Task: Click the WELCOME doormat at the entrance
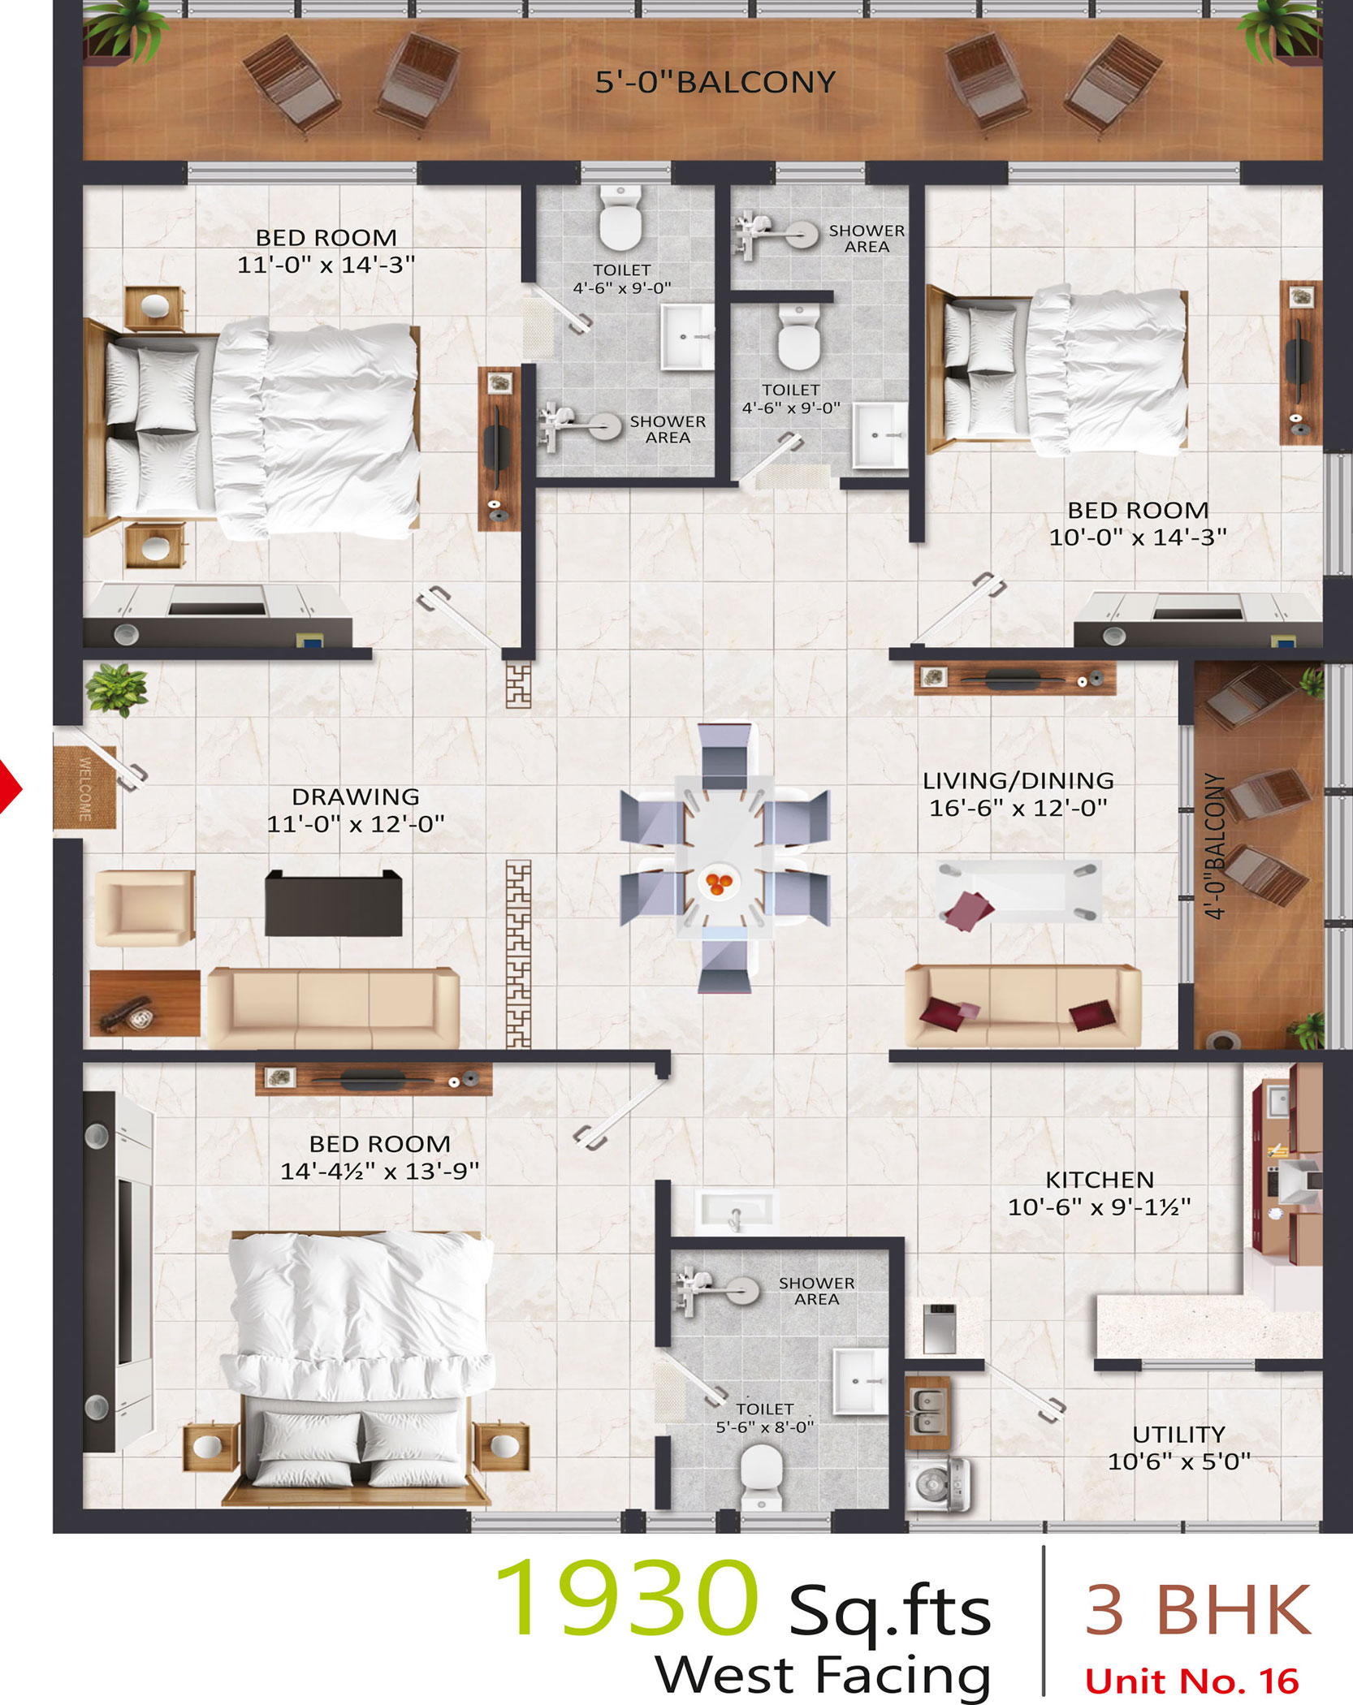coord(84,788)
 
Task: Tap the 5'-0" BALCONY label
coord(715,82)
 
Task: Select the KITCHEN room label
coord(1100,1180)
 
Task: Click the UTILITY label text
coord(1178,1435)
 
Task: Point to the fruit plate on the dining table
coord(718,882)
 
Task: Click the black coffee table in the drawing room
coord(334,903)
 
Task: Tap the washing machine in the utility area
coord(938,1483)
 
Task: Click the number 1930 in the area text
coord(626,1596)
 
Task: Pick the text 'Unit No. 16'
coord(1192,1681)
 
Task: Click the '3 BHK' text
coord(1198,1609)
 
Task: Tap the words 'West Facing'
coord(823,1676)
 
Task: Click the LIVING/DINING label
coord(1018,780)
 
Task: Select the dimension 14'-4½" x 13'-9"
coord(380,1171)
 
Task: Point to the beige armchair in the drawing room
coord(145,908)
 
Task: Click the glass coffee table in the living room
coord(1018,891)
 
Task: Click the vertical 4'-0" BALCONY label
coord(1215,845)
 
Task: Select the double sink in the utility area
coord(927,1412)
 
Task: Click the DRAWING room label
coord(356,796)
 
